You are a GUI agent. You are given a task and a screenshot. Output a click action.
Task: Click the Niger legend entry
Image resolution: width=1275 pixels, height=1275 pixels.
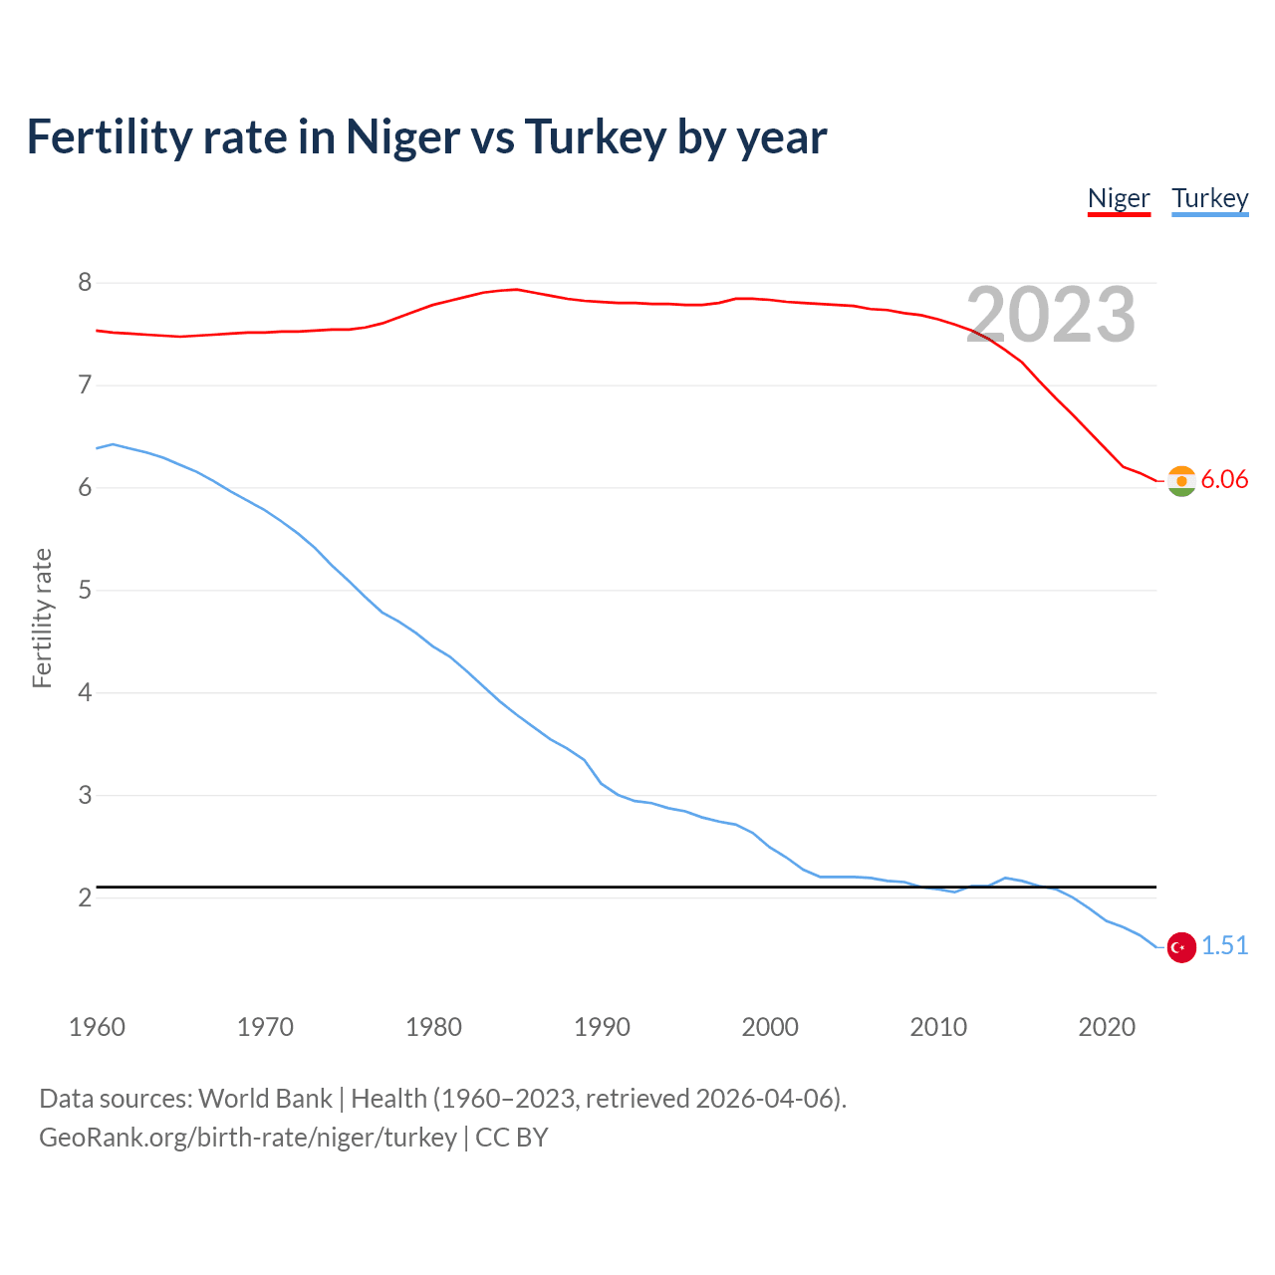[1119, 198]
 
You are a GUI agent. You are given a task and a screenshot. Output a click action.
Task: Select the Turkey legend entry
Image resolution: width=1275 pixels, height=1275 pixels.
[1209, 198]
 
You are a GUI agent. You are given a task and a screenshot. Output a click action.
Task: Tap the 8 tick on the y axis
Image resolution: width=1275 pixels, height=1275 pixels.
[85, 283]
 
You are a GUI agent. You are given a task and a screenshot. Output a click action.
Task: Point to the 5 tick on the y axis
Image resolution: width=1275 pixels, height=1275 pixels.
[85, 590]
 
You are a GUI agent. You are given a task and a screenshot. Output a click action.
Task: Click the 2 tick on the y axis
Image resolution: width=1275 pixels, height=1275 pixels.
[85, 897]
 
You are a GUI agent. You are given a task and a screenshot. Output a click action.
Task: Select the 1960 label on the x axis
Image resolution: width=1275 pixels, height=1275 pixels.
[97, 1027]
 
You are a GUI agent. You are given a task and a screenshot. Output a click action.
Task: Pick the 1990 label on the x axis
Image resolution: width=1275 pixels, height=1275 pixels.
[602, 1027]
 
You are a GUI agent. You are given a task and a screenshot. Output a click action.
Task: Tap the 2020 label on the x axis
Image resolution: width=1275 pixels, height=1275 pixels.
[1107, 1027]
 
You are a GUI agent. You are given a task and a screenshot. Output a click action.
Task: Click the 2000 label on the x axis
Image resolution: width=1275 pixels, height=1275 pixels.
[770, 1027]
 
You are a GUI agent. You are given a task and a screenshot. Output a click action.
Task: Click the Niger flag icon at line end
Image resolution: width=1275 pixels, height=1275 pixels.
[1181, 481]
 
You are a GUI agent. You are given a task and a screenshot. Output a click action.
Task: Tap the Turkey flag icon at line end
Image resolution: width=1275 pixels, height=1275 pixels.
[1181, 947]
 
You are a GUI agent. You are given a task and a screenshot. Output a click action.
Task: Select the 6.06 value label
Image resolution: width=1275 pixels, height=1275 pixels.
[1224, 479]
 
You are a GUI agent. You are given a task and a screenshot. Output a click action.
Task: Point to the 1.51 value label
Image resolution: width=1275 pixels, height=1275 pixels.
[1224, 945]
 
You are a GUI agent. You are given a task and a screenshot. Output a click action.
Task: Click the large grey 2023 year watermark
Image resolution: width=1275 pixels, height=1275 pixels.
[1051, 316]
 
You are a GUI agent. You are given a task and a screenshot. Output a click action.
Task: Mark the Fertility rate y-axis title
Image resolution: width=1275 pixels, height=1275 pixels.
[42, 618]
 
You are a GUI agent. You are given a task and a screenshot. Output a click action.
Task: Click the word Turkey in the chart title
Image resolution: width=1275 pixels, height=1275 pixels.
[595, 137]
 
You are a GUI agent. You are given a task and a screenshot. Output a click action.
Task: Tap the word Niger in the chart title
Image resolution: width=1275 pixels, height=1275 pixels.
[402, 137]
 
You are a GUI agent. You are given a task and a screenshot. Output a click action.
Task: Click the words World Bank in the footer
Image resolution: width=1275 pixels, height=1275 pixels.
[265, 1099]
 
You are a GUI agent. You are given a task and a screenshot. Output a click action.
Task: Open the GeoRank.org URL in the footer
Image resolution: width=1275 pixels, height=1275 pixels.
[247, 1138]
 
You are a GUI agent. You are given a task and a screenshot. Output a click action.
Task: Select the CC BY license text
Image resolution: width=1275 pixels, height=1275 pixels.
[512, 1138]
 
